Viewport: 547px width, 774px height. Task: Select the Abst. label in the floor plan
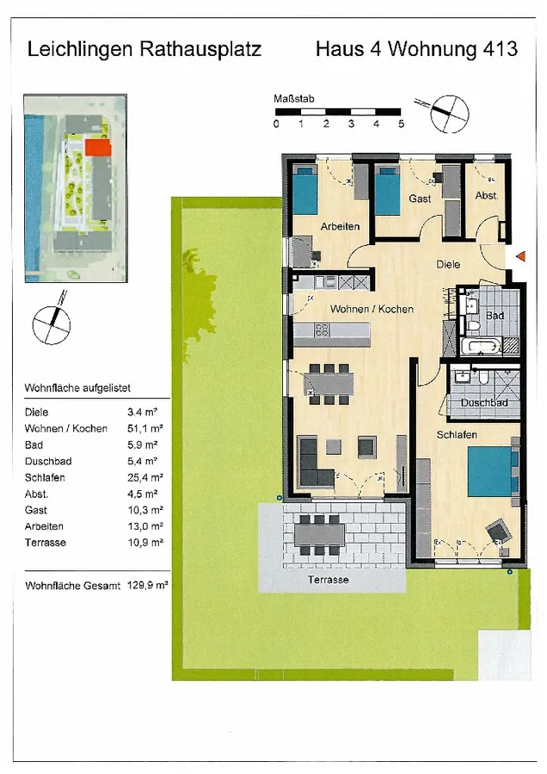(487, 196)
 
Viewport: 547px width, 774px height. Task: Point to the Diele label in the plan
(448, 265)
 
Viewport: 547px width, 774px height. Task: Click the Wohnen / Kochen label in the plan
(372, 309)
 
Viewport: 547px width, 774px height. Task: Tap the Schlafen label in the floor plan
(456, 435)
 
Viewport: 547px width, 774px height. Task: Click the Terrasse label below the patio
(329, 580)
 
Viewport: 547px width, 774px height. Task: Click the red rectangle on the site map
(97, 148)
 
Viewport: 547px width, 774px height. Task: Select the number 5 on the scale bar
(401, 124)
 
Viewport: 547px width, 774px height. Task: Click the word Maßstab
(294, 99)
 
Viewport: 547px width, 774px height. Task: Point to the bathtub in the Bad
(478, 346)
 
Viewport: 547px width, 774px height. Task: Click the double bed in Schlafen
(490, 472)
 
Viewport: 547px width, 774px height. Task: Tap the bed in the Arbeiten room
(305, 192)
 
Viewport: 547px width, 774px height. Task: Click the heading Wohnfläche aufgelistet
(77, 389)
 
